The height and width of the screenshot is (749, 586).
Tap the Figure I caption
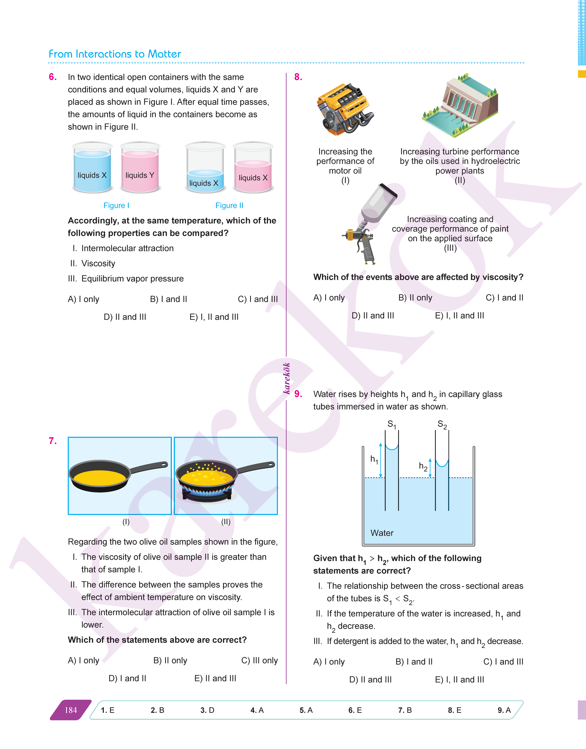coord(116,205)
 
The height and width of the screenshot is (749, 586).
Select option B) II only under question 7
coord(170,660)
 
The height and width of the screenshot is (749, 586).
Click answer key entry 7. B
coord(405,710)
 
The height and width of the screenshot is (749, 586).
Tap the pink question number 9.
coord(298,394)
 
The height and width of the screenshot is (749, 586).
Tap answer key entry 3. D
coord(207,710)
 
